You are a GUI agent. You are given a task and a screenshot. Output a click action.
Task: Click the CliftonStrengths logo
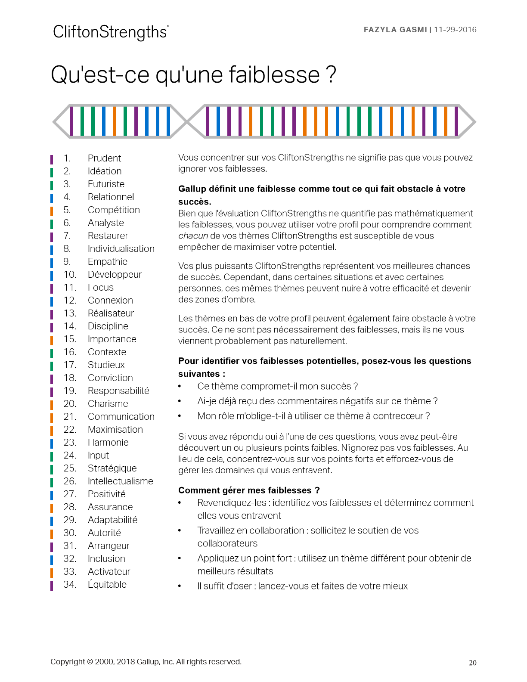click(x=111, y=32)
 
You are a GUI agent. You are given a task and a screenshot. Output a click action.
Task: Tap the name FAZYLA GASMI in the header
click(x=395, y=30)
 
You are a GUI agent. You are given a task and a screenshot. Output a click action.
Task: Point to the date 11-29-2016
click(x=455, y=30)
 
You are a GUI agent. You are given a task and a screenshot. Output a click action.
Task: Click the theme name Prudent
click(x=104, y=158)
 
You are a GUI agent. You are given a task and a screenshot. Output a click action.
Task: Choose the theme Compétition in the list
click(x=114, y=210)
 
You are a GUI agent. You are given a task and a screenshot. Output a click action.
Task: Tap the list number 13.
click(x=70, y=313)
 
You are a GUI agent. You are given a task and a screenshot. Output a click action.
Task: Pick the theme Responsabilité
click(x=118, y=391)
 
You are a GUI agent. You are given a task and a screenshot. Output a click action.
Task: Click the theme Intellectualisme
click(x=120, y=481)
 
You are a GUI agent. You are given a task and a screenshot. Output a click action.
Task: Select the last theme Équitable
click(x=107, y=584)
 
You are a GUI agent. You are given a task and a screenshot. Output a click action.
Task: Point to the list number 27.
click(x=70, y=494)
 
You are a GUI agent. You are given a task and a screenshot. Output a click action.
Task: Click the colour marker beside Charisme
click(x=52, y=404)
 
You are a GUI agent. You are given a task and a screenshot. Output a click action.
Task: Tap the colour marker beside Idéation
click(x=52, y=171)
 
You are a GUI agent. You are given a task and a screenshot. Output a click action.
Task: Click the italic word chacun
click(x=193, y=236)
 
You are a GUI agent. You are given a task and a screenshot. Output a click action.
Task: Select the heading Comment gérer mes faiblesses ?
click(x=249, y=490)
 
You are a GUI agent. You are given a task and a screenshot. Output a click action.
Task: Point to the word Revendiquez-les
click(x=232, y=503)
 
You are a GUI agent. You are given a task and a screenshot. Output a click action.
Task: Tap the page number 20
click(x=472, y=663)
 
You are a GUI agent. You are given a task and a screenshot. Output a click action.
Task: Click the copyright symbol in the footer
click(x=90, y=662)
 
